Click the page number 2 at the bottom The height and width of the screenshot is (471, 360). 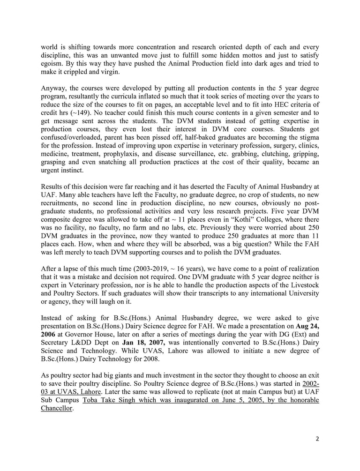coord(317,438)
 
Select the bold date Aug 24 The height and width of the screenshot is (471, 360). coord(307,325)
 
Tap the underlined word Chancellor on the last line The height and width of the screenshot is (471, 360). coord(57,408)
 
